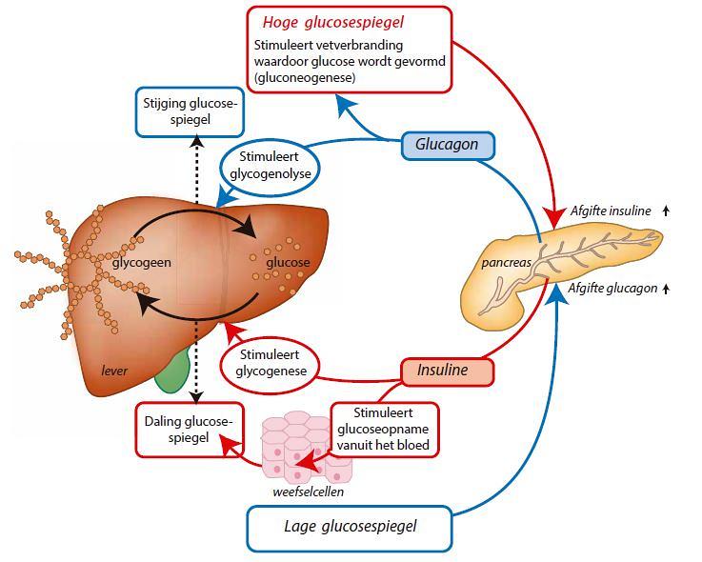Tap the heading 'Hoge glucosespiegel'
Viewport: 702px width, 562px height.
(x=333, y=23)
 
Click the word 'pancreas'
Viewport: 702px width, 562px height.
(x=507, y=263)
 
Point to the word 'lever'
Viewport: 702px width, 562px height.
(x=114, y=371)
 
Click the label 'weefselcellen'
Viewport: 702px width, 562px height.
(x=308, y=492)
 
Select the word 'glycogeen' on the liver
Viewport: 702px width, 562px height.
(x=142, y=262)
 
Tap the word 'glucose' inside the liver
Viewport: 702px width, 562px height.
(x=288, y=262)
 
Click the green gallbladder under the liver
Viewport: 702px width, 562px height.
(x=172, y=371)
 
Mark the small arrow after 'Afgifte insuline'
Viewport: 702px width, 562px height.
(x=666, y=211)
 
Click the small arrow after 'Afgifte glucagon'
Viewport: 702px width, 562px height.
(x=666, y=289)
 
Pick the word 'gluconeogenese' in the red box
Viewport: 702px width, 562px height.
(x=305, y=78)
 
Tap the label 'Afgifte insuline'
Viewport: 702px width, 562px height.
(x=611, y=211)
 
